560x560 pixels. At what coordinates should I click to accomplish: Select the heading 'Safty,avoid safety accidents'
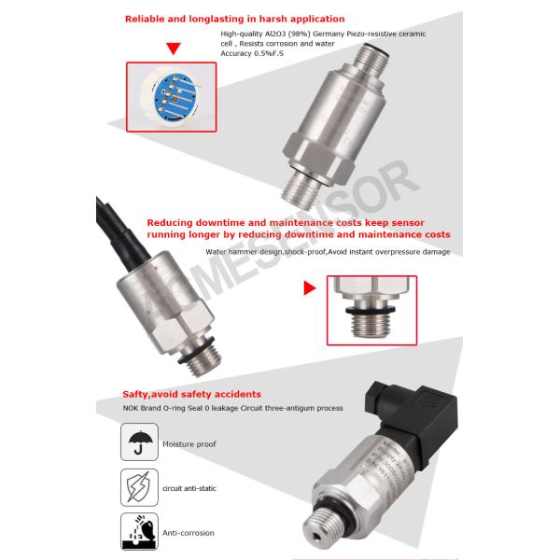coord(191,394)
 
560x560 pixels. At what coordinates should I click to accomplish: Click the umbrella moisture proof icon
coord(140,441)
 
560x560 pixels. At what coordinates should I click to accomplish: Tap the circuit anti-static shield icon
coord(140,486)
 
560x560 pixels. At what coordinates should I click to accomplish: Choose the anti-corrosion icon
coord(140,532)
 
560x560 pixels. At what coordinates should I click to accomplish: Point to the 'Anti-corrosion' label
coord(188,533)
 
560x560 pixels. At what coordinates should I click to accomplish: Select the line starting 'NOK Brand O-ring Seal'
coord(232,408)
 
